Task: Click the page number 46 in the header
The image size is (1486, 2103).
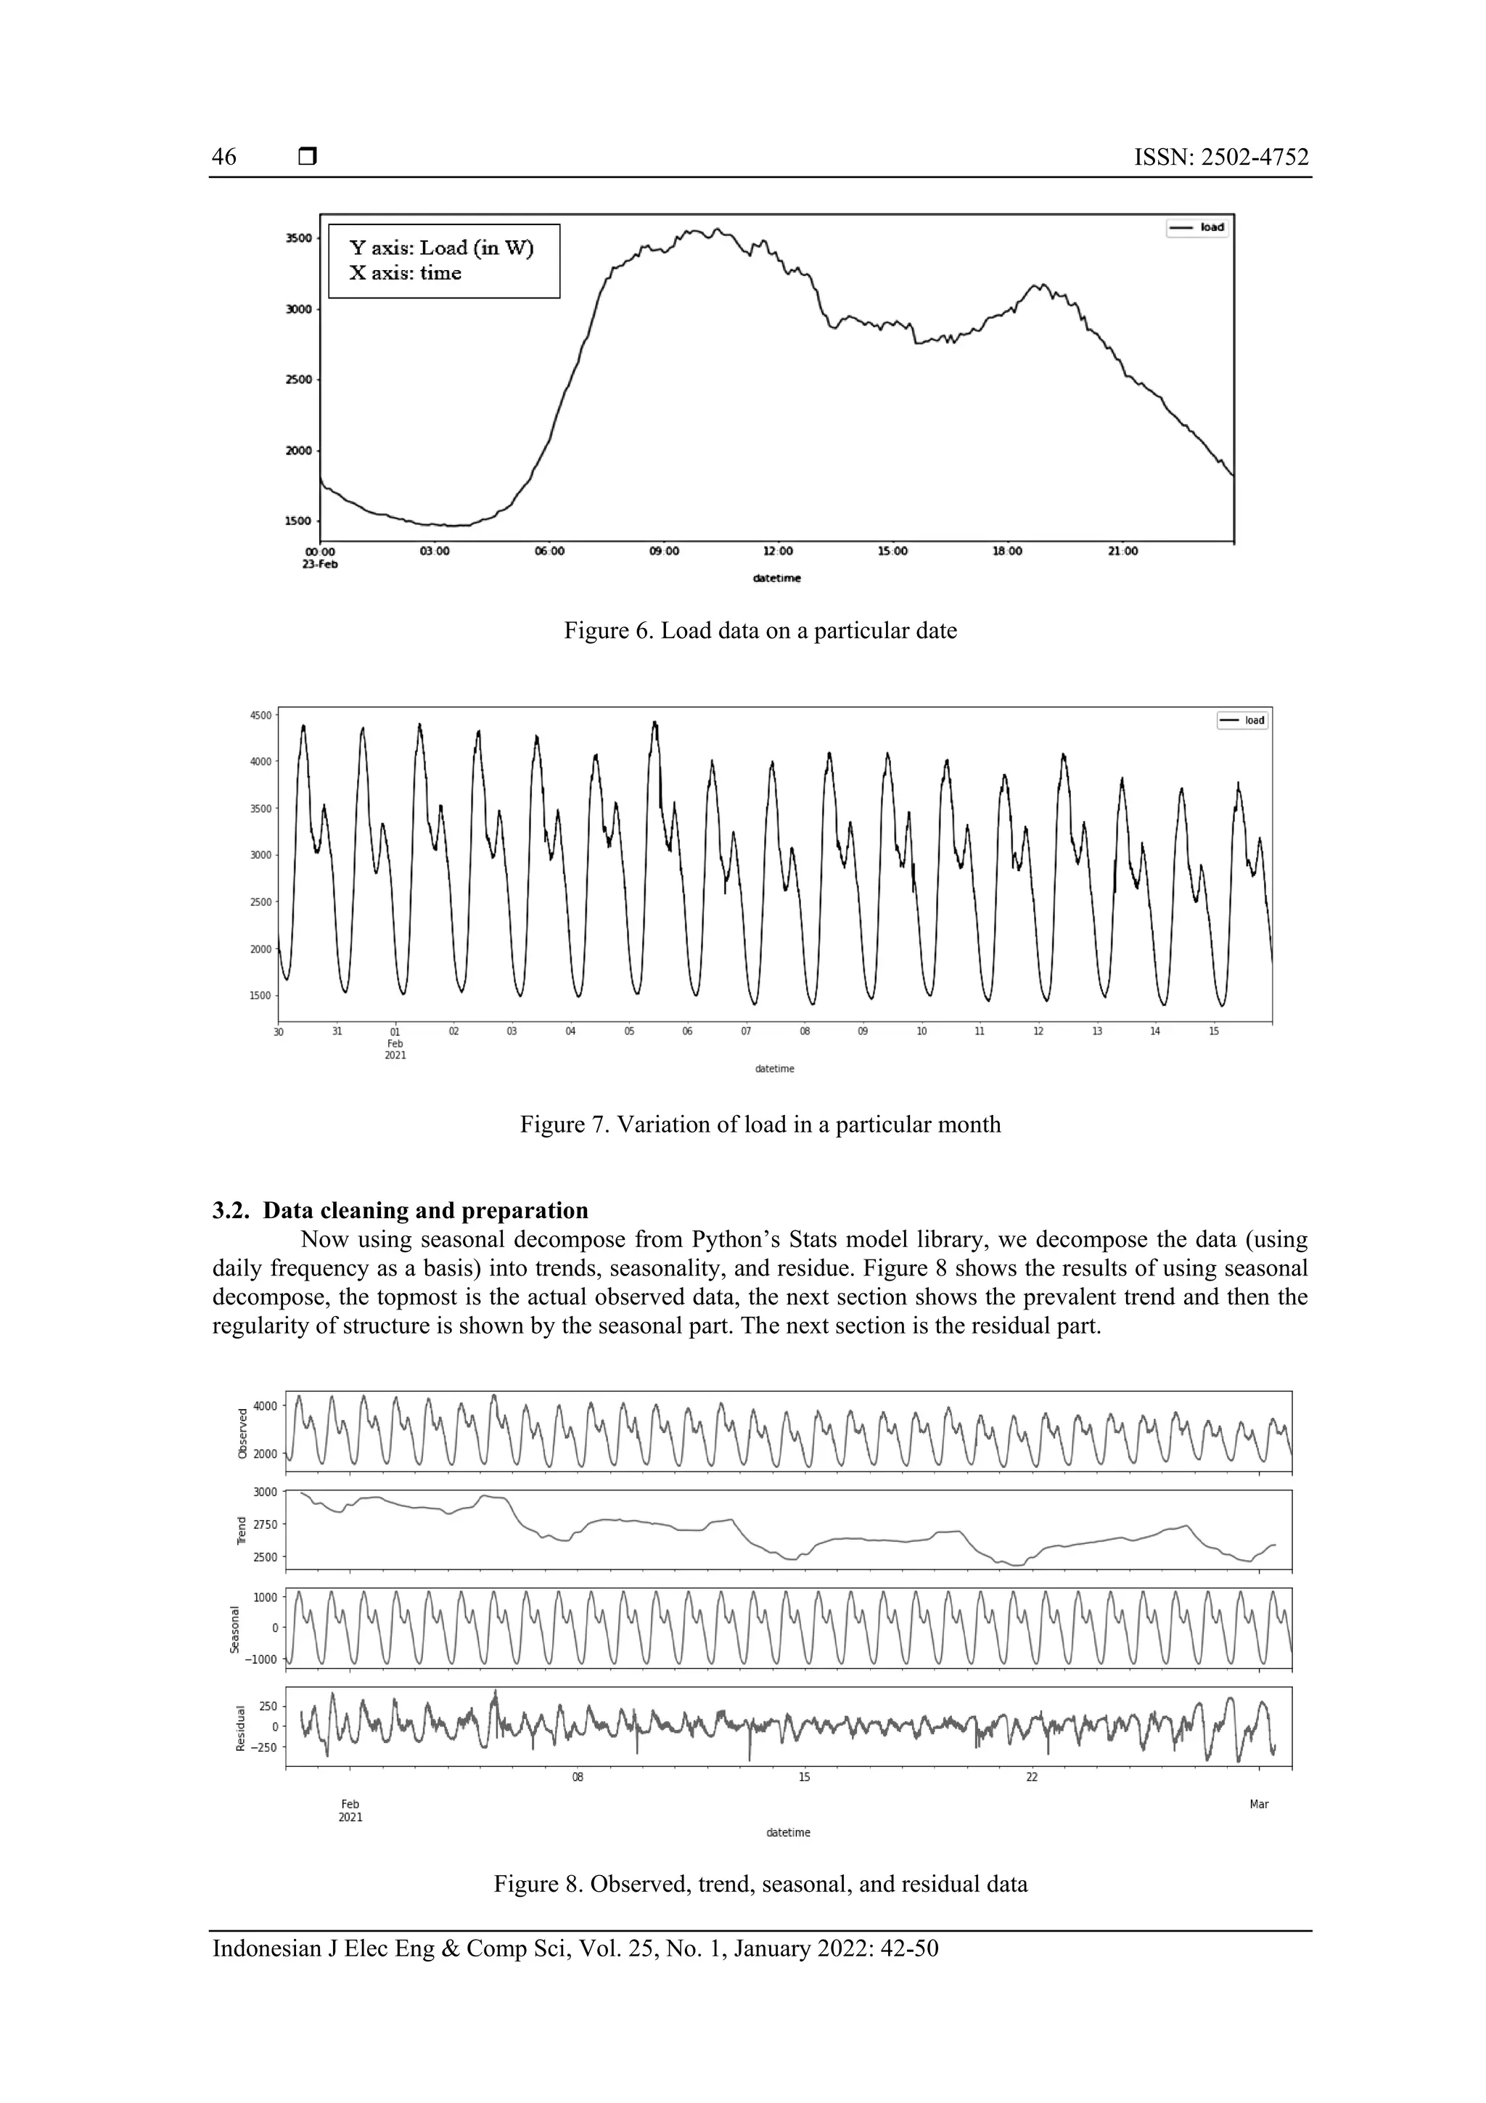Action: pyautogui.click(x=224, y=158)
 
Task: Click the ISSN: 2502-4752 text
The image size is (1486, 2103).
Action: pyautogui.click(x=1220, y=158)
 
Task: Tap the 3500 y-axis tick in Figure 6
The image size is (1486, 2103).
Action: pyautogui.click(x=298, y=238)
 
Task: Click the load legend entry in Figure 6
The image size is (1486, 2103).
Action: pyautogui.click(x=1199, y=227)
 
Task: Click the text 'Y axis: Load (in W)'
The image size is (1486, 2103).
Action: pyautogui.click(x=441, y=248)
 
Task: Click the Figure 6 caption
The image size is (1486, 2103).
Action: pyautogui.click(x=760, y=631)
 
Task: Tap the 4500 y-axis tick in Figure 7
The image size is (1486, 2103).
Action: pyautogui.click(x=261, y=715)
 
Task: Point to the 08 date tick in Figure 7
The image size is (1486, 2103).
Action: pyautogui.click(x=805, y=1032)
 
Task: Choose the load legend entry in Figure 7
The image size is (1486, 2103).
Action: pyautogui.click(x=1244, y=720)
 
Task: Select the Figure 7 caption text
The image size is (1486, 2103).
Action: pyautogui.click(x=760, y=1124)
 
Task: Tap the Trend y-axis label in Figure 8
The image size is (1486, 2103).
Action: pyautogui.click(x=242, y=1530)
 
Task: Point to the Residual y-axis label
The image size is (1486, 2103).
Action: pyautogui.click(x=241, y=1728)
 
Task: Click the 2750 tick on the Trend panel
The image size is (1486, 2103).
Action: pyautogui.click(x=265, y=1524)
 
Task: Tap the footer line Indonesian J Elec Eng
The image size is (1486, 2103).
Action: pyautogui.click(x=575, y=1948)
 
